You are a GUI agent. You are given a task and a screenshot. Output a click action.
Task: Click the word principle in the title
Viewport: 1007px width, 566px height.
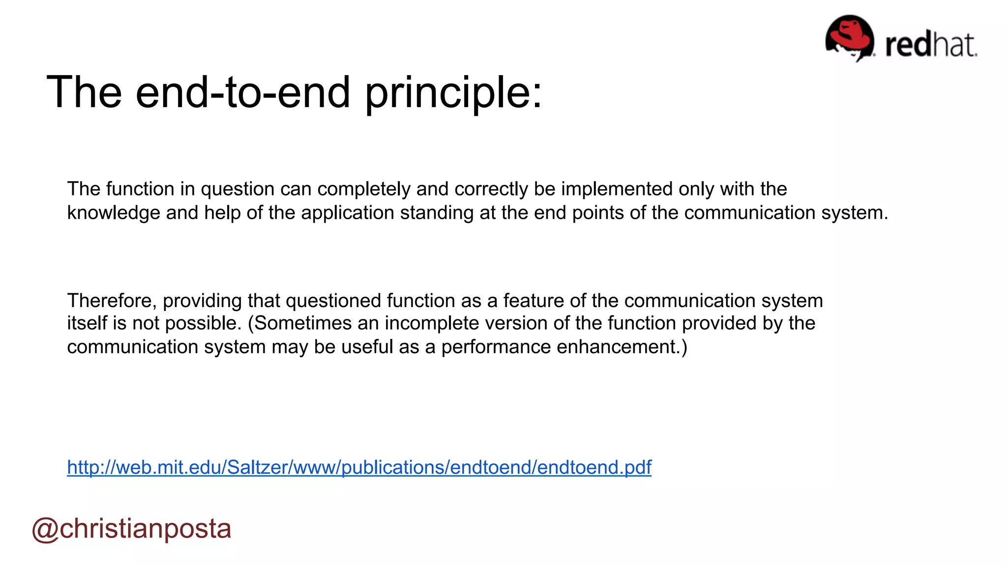click(x=452, y=93)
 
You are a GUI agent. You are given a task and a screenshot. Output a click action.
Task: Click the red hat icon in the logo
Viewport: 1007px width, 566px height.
click(x=849, y=37)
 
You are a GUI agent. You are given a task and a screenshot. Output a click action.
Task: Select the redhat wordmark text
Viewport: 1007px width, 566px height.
click(x=930, y=45)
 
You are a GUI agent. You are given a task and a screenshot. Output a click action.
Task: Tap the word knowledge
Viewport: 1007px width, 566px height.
click(x=114, y=213)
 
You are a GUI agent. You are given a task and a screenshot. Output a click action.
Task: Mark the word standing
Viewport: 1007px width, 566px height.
click(x=433, y=213)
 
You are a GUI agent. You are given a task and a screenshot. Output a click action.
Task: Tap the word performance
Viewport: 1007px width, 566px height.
click(x=496, y=347)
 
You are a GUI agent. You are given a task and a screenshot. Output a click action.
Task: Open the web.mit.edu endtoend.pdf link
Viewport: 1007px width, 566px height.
click(x=359, y=467)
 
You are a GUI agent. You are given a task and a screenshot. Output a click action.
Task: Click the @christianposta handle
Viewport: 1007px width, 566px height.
click(x=131, y=529)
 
